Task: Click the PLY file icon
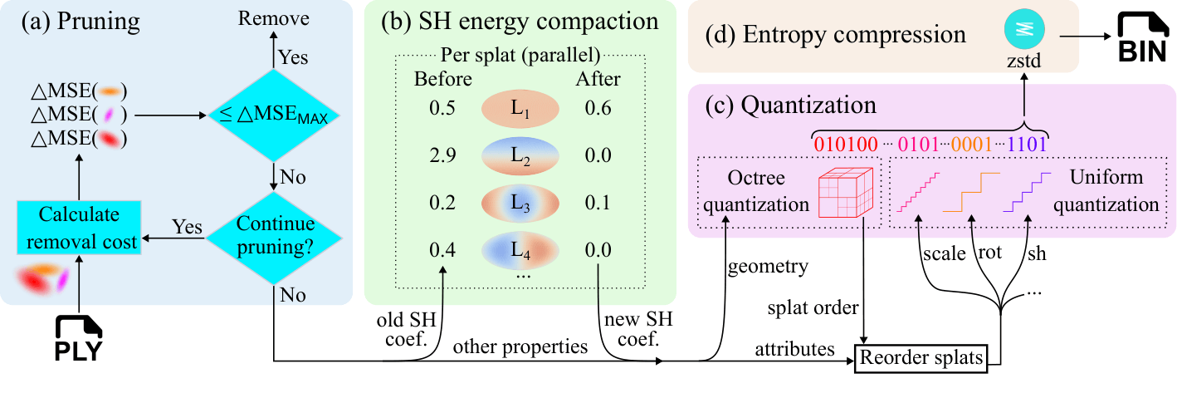(79, 338)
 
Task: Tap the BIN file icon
(1142, 37)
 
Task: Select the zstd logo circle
(1024, 29)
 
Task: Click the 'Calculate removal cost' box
(80, 228)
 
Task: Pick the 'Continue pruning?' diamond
(274, 238)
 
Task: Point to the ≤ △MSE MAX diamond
(274, 115)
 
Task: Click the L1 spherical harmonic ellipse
(520, 108)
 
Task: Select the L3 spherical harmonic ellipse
(520, 203)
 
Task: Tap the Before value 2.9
(442, 155)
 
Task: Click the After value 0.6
(598, 108)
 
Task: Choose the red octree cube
(846, 193)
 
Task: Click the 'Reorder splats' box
(921, 358)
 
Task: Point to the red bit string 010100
(846, 144)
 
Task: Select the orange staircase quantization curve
(971, 192)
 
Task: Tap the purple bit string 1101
(1027, 144)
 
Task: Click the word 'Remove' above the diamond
(273, 18)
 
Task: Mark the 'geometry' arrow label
(768, 267)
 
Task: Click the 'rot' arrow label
(990, 253)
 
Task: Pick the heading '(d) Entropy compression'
(835, 35)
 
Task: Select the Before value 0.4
(442, 250)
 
